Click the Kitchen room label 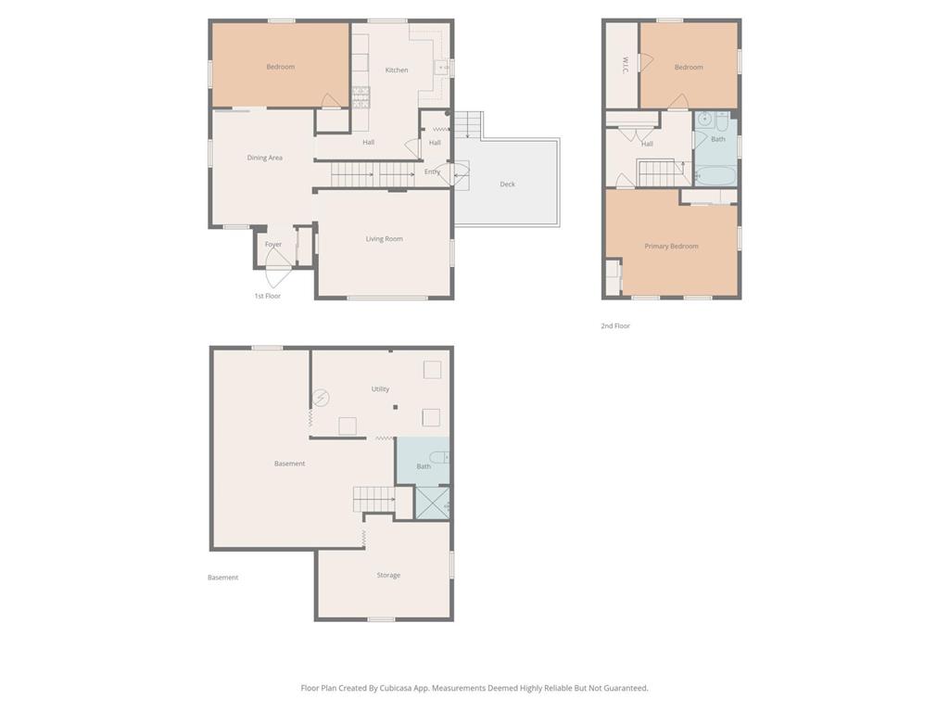tap(397, 70)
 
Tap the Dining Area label tap(264, 158)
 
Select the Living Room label tap(384, 239)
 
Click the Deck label tap(507, 184)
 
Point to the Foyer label tap(273, 245)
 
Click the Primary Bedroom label tap(671, 247)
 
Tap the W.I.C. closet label tap(624, 66)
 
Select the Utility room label tap(380, 389)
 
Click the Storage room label tap(388, 575)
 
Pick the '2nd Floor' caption tap(615, 325)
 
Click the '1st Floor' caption tap(267, 296)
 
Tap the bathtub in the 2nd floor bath tap(715, 176)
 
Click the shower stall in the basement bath tap(432, 503)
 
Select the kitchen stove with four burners tap(361, 98)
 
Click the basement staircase tap(374, 500)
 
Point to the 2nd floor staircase tap(657, 173)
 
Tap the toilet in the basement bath tap(438, 457)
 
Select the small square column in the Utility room tap(395, 408)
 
